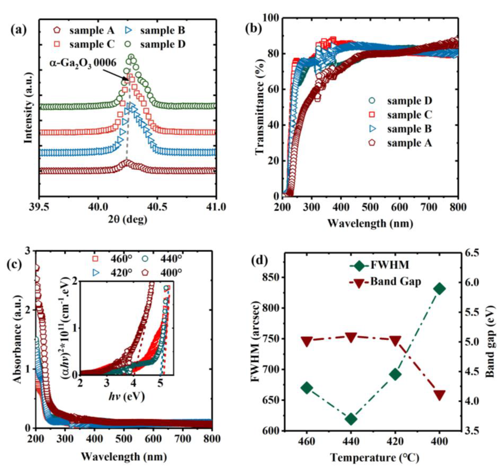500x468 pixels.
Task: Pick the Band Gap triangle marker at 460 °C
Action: [307, 341]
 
